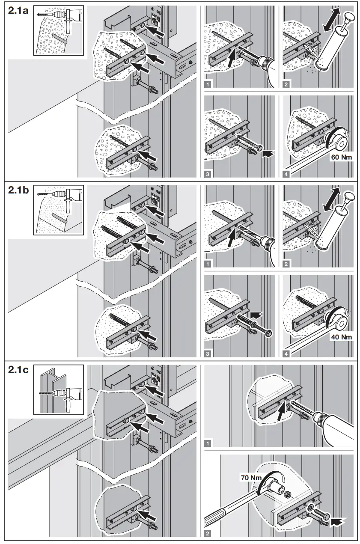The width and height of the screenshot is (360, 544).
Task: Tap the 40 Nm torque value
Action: [341, 337]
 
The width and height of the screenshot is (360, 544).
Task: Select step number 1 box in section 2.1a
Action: [208, 84]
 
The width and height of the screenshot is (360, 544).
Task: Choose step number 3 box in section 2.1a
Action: [208, 174]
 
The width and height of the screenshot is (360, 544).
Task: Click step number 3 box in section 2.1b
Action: [208, 354]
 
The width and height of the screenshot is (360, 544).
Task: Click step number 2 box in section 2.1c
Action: [208, 533]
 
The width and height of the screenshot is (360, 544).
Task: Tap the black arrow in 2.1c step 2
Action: [336, 521]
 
